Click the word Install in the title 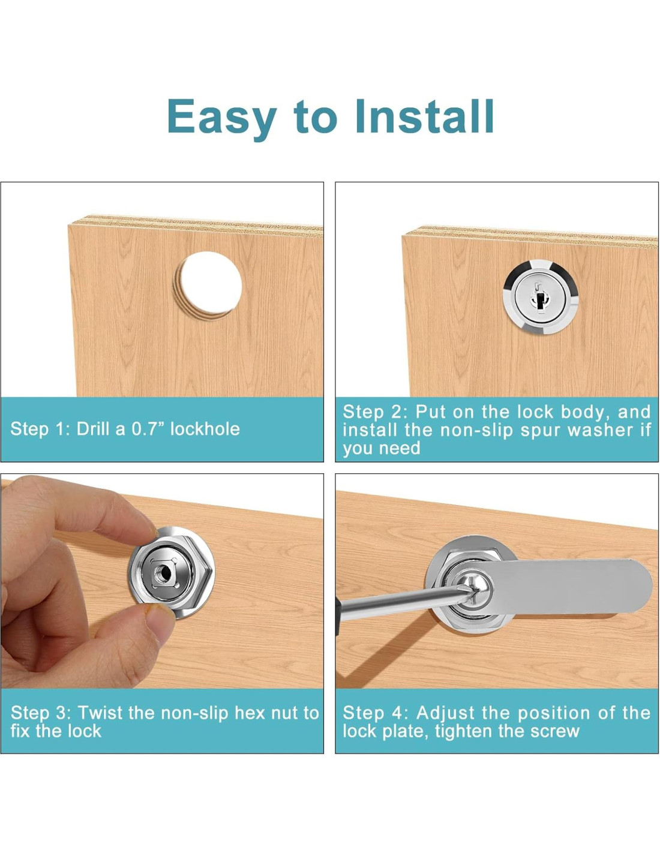pos(424,116)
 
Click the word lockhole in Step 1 pos(205,429)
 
